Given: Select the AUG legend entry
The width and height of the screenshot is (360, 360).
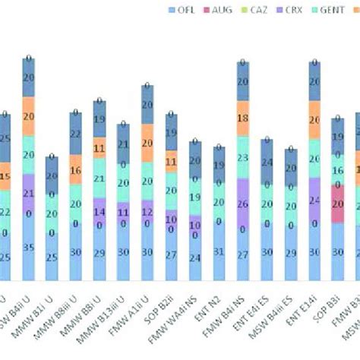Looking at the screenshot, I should (x=223, y=10).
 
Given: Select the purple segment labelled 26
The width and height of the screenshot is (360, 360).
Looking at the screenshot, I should (x=242, y=204).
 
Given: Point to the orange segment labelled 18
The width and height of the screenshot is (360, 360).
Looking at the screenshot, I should (x=242, y=118).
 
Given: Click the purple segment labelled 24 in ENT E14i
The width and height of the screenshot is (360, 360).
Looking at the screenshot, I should (x=314, y=201).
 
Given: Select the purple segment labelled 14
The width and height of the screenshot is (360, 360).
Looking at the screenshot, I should (x=99, y=211).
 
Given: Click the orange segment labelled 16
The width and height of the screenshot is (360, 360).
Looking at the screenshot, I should (x=74, y=171).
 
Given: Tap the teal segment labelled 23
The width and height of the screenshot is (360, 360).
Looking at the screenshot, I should (x=242, y=157).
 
